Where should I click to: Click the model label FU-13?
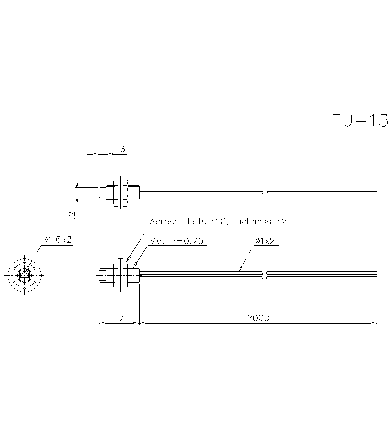tap(360, 120)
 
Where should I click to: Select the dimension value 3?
tap(122, 149)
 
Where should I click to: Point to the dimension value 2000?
tap(258, 318)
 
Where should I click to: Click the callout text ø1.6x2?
tap(57, 240)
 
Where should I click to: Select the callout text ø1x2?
tap(265, 241)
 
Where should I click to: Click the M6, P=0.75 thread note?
tap(176, 241)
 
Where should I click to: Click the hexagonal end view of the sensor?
tap(25, 275)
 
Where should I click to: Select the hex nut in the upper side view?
tap(120, 192)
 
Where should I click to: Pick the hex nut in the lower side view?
tap(120, 275)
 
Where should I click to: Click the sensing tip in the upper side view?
tap(102, 192)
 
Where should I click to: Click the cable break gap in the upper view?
tap(265, 193)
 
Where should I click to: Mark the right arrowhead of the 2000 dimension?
tap(374, 324)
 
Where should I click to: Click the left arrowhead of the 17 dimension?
tap(101, 324)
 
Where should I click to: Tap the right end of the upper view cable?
tap(377, 193)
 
